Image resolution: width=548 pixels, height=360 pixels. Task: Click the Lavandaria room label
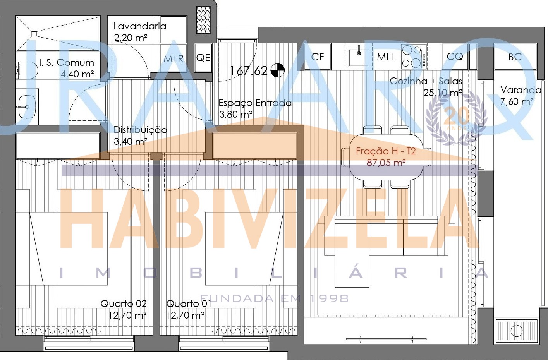pos(140,26)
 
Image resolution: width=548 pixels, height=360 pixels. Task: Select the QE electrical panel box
pos(203,58)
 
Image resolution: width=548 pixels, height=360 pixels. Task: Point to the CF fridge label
pos(318,57)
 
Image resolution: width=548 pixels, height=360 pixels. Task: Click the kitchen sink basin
pos(359,57)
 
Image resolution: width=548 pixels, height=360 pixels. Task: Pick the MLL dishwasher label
pos(386,57)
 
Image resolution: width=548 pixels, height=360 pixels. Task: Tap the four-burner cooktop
pos(414,57)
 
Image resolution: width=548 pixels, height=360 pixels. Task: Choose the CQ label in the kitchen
pos(455,57)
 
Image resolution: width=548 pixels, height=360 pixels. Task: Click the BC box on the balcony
pos(515,57)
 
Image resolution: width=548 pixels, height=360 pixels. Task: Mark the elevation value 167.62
pos(249,71)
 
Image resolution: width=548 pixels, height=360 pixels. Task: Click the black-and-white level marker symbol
pos(278,70)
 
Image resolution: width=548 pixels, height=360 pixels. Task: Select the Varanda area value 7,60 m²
pos(517,101)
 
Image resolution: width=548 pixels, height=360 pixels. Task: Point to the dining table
pos(386,157)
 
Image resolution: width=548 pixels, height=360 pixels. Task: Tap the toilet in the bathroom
pos(27,70)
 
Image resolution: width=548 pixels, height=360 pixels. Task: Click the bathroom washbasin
pos(27,107)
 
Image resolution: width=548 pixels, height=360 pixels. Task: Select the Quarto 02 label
pos(124,304)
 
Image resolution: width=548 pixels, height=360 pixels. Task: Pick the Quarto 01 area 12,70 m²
pos(185,315)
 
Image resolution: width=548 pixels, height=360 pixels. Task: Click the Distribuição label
pos(141,130)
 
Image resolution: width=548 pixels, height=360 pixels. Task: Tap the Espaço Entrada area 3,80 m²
pos(235,114)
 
